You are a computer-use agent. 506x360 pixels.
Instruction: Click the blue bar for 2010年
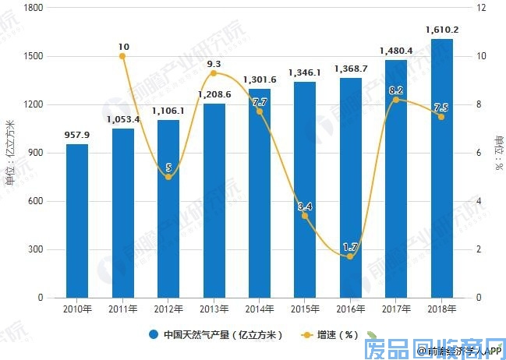pos(76,221)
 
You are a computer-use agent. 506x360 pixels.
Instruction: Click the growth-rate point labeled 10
pos(122,56)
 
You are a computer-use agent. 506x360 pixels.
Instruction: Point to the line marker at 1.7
pos(350,256)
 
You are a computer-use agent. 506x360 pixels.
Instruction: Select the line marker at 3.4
pos(305,215)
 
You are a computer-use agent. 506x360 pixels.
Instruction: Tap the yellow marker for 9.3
pos(214,73)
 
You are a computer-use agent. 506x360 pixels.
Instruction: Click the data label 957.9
pos(76,134)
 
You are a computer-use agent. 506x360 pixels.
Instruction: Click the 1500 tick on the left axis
pos(34,56)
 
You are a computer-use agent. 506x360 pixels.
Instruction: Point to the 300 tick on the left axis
pos(37,249)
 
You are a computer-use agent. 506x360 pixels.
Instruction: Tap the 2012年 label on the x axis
pos(168,309)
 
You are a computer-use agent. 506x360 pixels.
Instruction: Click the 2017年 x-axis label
pos(395,309)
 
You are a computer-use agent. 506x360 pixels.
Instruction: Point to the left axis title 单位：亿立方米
pos(10,153)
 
